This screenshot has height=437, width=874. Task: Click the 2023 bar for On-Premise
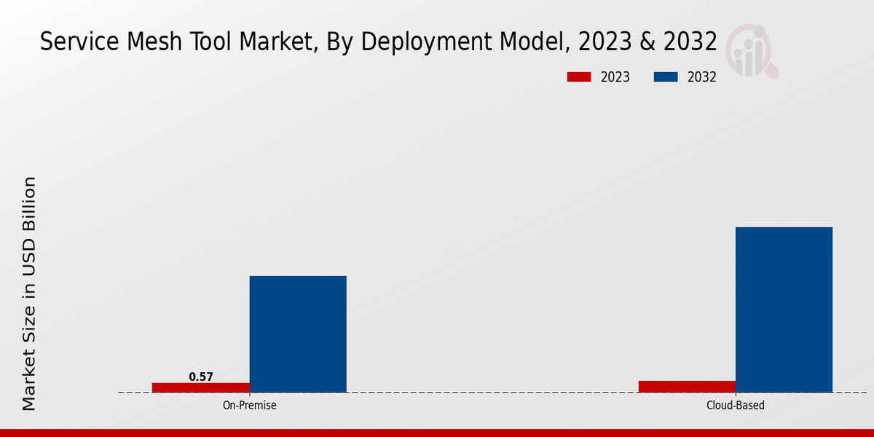coord(200,387)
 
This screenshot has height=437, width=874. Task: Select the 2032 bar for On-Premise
coord(298,334)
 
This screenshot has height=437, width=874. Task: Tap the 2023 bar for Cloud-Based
coord(687,386)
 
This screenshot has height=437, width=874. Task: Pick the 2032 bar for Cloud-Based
coord(784,310)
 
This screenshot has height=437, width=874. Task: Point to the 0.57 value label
coord(201,377)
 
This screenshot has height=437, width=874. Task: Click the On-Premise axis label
coord(249,405)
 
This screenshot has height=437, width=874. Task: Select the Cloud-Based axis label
coord(736,405)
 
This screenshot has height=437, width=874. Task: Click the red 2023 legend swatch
coord(579,77)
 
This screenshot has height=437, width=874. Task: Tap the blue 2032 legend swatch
coord(666,77)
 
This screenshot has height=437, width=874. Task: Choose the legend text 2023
coord(615,77)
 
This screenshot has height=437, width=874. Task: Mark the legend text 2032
coord(702,77)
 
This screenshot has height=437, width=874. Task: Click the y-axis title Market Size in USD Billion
coord(29,293)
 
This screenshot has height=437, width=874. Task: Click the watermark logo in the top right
coord(751,51)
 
